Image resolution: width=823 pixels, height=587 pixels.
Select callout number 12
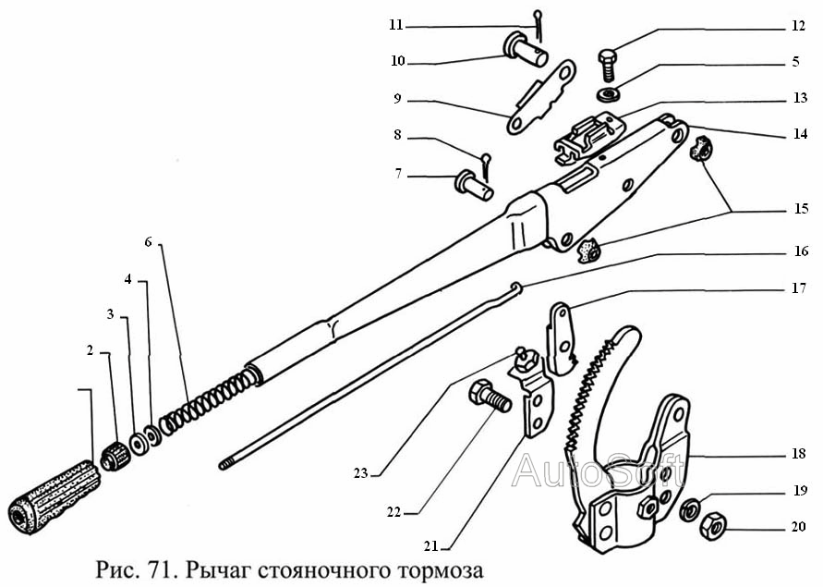coord(798,28)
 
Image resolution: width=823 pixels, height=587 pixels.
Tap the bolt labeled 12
coord(609,64)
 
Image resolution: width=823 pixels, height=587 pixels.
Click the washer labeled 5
coord(609,94)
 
